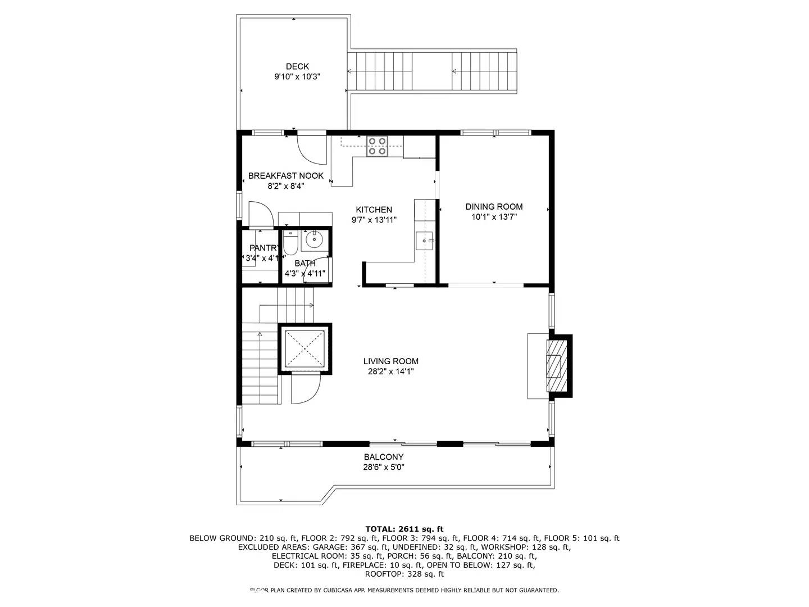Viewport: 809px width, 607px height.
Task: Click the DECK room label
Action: (x=297, y=66)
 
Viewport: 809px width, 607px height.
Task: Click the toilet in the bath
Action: (x=290, y=243)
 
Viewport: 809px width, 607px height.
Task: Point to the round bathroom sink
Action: (x=313, y=241)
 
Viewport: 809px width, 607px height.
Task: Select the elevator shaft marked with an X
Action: (x=305, y=349)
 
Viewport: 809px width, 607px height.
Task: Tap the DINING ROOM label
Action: (x=494, y=206)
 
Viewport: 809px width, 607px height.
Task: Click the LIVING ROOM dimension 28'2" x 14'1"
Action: (x=390, y=371)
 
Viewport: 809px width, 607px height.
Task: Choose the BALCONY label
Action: (x=383, y=457)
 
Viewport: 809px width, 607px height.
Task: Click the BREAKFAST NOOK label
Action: (x=286, y=175)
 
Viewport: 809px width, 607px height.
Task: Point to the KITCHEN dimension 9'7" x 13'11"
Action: (x=374, y=220)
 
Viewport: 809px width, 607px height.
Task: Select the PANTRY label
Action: (x=263, y=248)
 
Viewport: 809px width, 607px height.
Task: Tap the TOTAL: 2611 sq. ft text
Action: (x=404, y=529)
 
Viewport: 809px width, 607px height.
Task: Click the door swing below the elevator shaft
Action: (x=305, y=389)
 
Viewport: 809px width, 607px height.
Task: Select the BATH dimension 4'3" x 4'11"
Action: (x=304, y=274)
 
